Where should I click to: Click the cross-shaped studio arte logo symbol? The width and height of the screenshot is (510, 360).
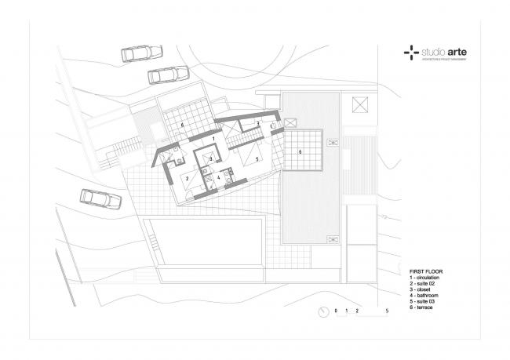[x=410, y=54]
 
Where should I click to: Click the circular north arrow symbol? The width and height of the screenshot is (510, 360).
[x=323, y=311]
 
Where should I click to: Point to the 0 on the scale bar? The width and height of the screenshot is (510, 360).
[x=336, y=311]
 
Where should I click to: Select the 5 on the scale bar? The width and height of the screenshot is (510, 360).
[x=387, y=311]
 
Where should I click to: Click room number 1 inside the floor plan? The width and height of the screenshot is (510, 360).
[x=213, y=138]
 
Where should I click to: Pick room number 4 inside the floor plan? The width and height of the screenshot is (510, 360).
[x=219, y=178]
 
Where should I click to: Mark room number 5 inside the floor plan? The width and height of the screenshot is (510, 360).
[x=256, y=158]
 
